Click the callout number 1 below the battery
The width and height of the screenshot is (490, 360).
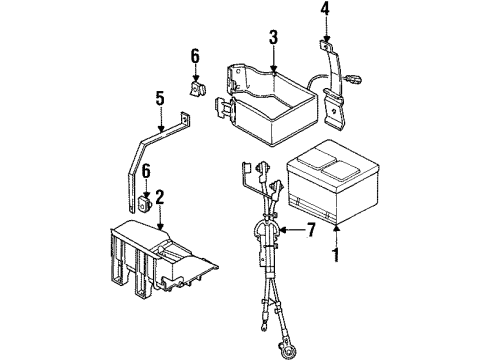click(x=336, y=256)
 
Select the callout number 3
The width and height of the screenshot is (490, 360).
click(x=272, y=38)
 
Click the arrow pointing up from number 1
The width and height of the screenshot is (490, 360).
click(x=336, y=236)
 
